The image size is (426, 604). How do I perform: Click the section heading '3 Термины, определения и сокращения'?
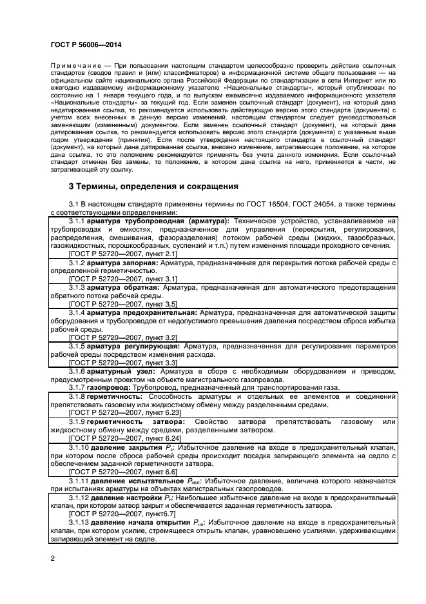click(x=153, y=186)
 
